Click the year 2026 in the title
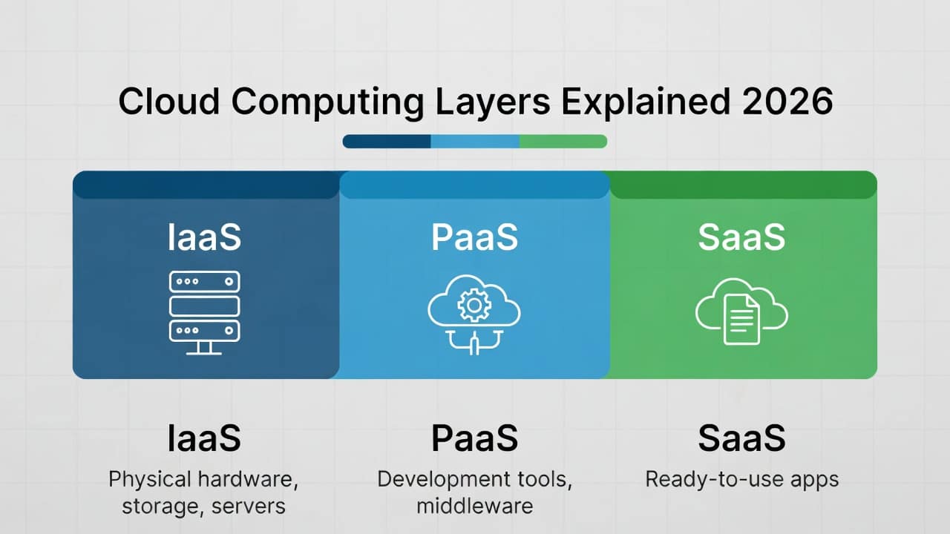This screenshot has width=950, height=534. [787, 102]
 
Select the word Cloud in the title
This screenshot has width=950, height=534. [168, 102]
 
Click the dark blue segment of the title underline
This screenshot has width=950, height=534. [387, 142]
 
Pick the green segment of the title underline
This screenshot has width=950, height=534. [563, 142]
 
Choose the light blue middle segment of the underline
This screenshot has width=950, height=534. [476, 142]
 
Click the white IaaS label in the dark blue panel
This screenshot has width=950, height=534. [204, 237]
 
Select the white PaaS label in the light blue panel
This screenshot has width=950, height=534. [474, 237]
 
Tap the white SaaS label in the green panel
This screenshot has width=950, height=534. [741, 237]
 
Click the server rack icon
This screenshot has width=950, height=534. [204, 313]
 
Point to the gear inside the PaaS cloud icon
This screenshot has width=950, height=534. [474, 305]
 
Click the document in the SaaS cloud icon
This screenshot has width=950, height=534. [741, 319]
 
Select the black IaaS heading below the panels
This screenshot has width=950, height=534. [204, 438]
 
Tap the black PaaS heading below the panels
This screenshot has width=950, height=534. [474, 438]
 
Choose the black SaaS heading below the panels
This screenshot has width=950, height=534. [741, 438]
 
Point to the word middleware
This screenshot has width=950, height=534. [474, 506]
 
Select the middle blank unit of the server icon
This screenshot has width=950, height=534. [204, 306]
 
